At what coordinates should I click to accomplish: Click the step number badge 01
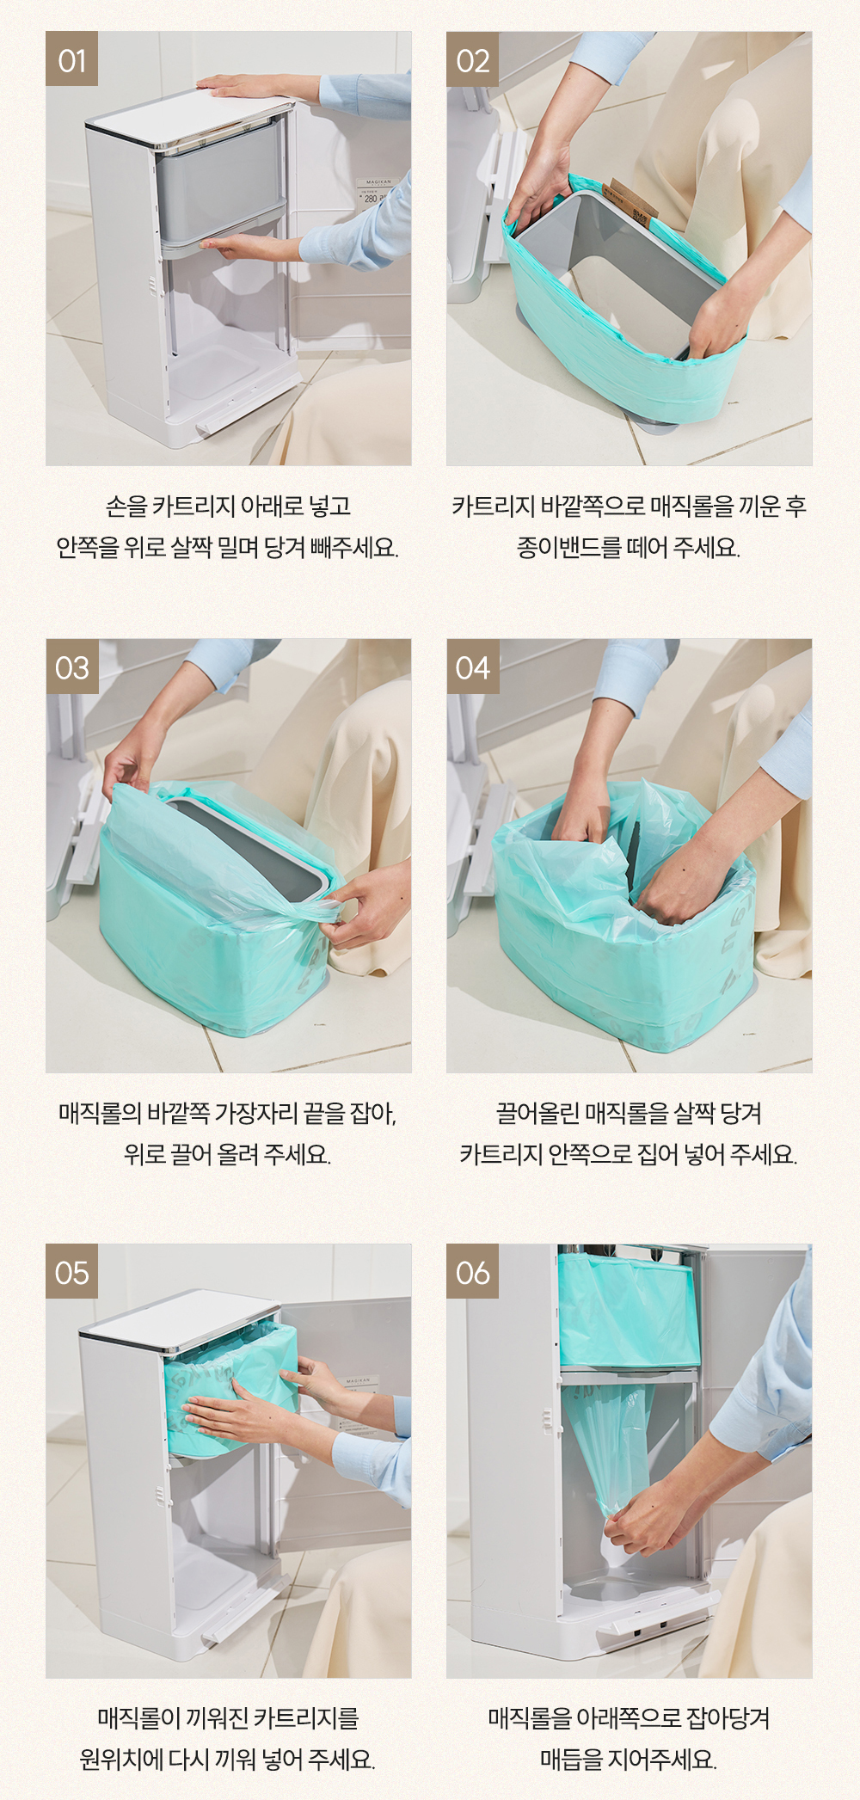click(x=71, y=59)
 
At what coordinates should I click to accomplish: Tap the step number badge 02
click(x=472, y=59)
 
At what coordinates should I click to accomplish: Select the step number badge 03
click(x=71, y=667)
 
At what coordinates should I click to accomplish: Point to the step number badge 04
click(x=472, y=667)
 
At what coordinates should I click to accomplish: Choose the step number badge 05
click(x=71, y=1271)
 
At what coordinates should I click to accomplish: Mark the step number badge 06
click(x=472, y=1271)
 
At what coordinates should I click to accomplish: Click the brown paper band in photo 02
click(x=630, y=200)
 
